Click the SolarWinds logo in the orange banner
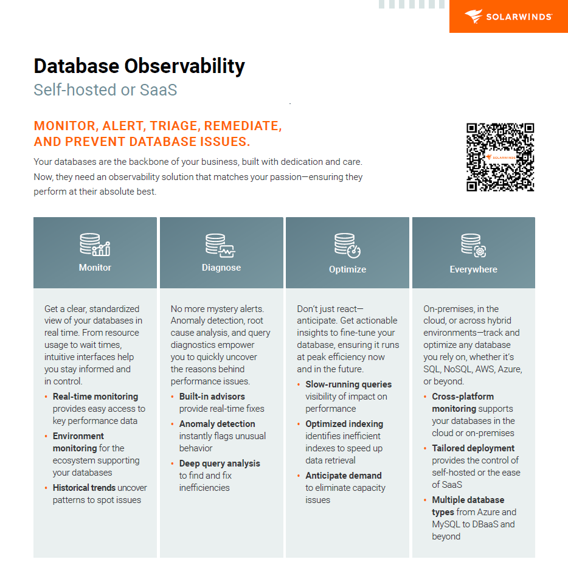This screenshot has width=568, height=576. coord(508,16)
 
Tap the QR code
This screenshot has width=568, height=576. coord(500,157)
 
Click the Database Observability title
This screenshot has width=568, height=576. coord(139,66)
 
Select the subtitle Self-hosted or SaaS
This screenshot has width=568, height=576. coord(105,90)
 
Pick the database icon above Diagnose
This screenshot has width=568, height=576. coord(221,245)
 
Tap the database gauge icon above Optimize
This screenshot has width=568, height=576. coord(347,245)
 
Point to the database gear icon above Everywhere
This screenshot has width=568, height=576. coord(473,245)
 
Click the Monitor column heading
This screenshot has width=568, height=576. coord(95,268)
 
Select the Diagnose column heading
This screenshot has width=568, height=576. coord(221,268)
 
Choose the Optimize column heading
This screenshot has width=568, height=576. coord(347,269)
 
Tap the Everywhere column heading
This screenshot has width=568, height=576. coord(473,269)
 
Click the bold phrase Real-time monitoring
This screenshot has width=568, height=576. coord(95,397)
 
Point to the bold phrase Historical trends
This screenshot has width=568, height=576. coord(84,488)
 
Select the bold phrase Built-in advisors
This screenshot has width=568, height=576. coord(212,397)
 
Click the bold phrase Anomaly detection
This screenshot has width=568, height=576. coord(217,424)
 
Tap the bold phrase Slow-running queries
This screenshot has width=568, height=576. coord(348,384)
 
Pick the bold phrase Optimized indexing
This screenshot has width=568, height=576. coord(344,424)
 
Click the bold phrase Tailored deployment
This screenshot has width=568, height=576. coord(473,448)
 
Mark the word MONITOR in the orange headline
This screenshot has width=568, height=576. coord(65,127)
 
